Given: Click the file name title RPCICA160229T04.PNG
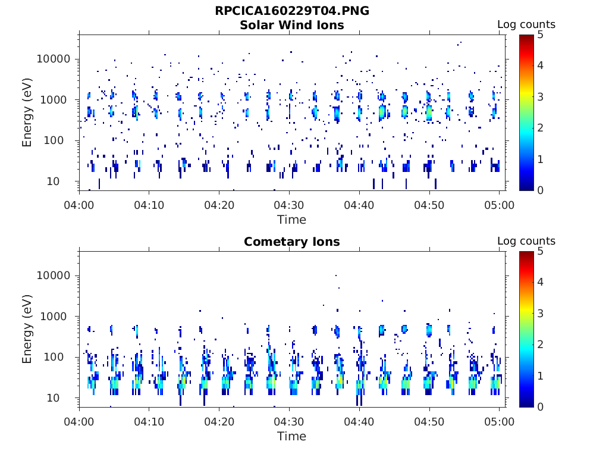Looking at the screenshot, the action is pos(291,11).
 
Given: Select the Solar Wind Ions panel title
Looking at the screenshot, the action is pos(291,25).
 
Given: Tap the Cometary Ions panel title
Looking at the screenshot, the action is pos(291,242).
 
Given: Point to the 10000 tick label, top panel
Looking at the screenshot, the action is pos(54,59).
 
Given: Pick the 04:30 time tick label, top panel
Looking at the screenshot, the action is pos(289,205).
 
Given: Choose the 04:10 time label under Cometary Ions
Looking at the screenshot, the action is pos(149,422).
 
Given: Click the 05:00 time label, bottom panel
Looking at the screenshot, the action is pos(499,422).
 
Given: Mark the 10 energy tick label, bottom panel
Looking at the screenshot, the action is pos(53,398).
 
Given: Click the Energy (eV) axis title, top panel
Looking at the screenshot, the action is pos(27,112).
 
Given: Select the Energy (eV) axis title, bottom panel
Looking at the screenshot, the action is pos(27,329).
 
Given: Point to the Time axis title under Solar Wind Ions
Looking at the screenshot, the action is pos(291,220).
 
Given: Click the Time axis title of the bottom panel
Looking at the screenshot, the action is pos(291,436).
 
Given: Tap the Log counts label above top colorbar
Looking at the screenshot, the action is pos(526,24).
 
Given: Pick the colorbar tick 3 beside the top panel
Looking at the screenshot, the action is pos(540,97).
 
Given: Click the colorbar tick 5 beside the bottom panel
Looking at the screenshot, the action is pos(540,252).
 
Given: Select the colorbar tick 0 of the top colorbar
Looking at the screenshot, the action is pos(540,190).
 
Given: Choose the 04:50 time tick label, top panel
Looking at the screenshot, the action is pos(429,205).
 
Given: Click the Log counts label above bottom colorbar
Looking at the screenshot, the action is pos(526,241).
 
